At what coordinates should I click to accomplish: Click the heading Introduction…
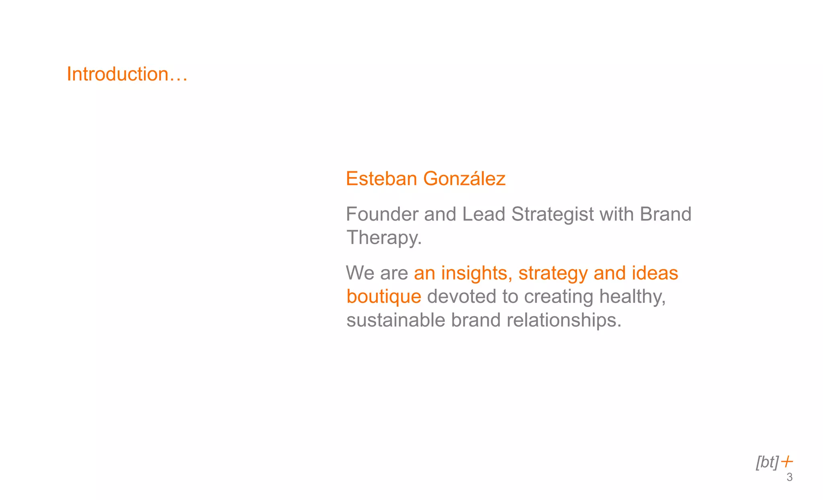(x=127, y=74)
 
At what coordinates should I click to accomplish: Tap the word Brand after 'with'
(x=665, y=214)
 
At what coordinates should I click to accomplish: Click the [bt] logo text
(x=767, y=463)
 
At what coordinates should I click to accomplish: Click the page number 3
(x=789, y=477)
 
